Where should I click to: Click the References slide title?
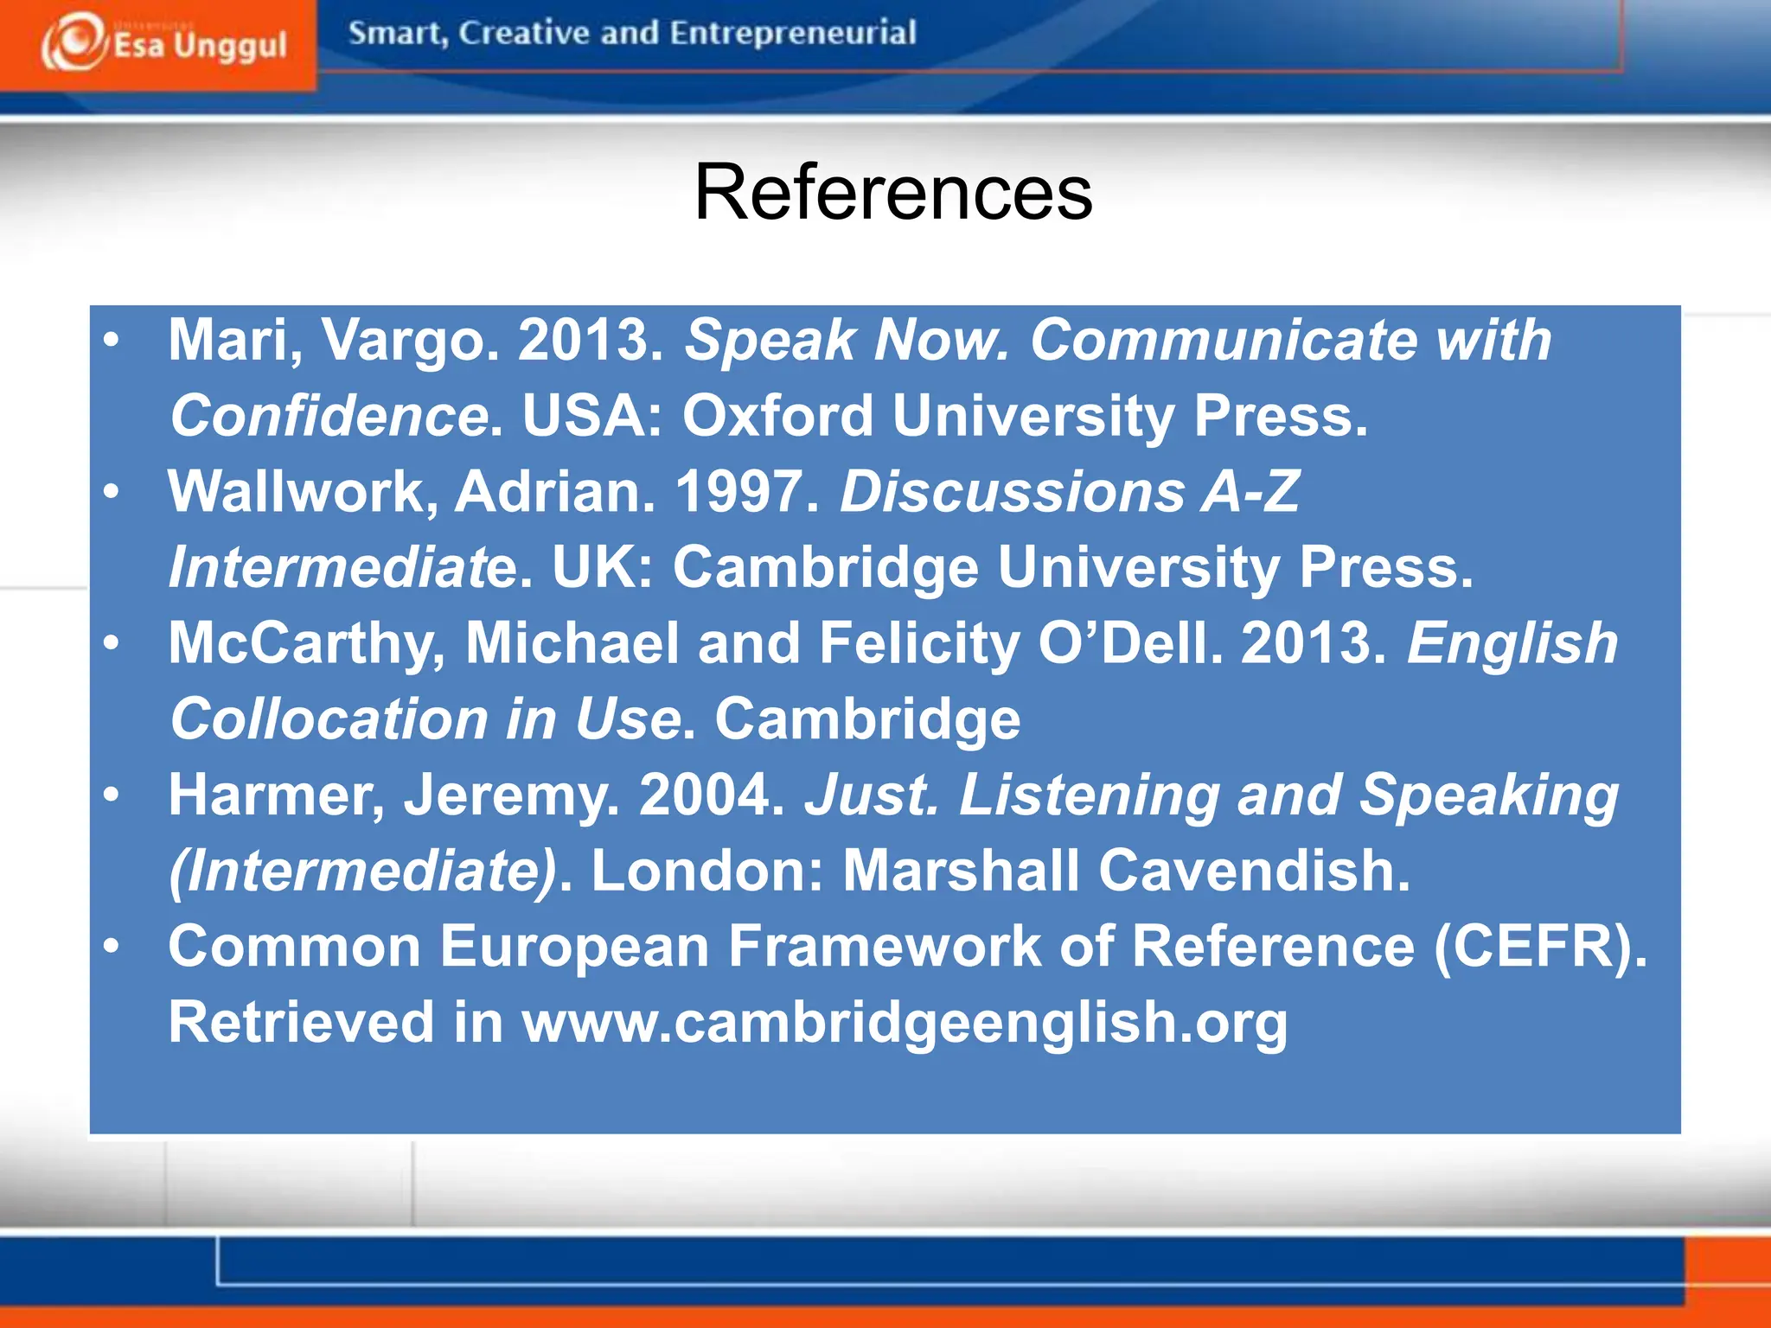point(893,192)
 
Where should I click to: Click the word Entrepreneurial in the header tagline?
point(792,33)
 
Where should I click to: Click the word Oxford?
point(777,415)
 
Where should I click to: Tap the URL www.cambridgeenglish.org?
point(905,1022)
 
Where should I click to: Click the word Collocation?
point(329,719)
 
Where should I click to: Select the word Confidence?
point(329,416)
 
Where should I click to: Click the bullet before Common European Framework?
point(111,946)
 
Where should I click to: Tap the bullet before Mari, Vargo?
point(111,340)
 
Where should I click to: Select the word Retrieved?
point(301,1022)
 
